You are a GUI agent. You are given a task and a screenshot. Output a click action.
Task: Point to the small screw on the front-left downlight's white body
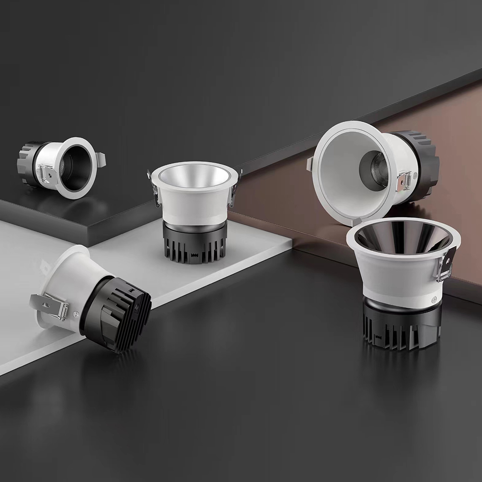76,313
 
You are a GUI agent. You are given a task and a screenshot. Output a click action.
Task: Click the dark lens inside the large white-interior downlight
373,169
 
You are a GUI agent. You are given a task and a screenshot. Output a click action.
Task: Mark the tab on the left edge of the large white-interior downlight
310,163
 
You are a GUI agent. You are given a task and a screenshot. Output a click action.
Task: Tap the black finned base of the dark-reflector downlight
400,328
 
